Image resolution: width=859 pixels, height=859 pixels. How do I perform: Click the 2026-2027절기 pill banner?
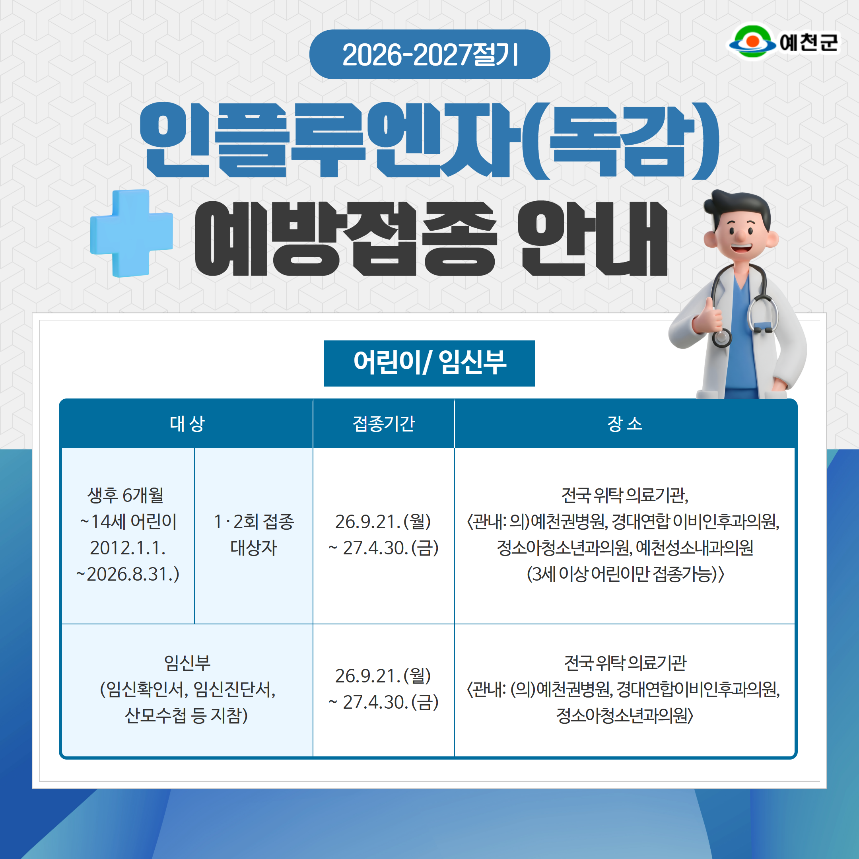[429, 54]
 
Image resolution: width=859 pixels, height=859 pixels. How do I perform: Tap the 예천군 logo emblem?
[752, 41]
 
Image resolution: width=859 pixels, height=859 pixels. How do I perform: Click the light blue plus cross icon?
[132, 233]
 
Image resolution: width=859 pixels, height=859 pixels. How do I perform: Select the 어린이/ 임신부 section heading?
[429, 363]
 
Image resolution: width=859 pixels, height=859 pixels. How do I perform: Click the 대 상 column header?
[187, 423]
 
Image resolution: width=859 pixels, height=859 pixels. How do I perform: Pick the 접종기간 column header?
[384, 423]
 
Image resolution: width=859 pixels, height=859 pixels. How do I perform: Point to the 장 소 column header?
[625, 423]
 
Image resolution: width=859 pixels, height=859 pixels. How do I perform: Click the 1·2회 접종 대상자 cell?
[253, 534]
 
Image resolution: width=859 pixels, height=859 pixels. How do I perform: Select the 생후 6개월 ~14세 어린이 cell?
[128, 534]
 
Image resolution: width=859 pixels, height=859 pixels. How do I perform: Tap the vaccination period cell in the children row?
[384, 534]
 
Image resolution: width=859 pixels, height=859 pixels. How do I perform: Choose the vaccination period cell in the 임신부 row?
[384, 689]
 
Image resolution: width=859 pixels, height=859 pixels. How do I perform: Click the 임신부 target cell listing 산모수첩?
[187, 689]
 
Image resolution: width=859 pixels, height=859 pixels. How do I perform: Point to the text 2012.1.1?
[128, 548]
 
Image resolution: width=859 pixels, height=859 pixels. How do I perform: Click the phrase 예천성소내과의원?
[694, 548]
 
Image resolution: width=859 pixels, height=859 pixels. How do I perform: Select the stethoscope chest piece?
[722, 338]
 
